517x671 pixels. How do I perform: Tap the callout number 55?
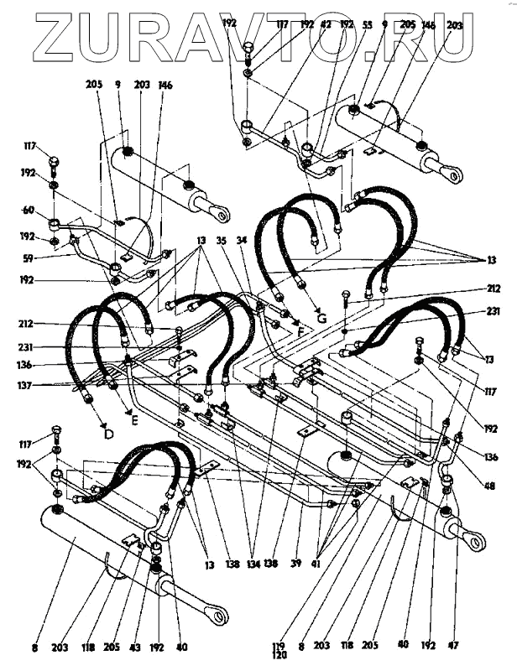click(x=367, y=25)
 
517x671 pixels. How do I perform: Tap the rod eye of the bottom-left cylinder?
click(x=222, y=619)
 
